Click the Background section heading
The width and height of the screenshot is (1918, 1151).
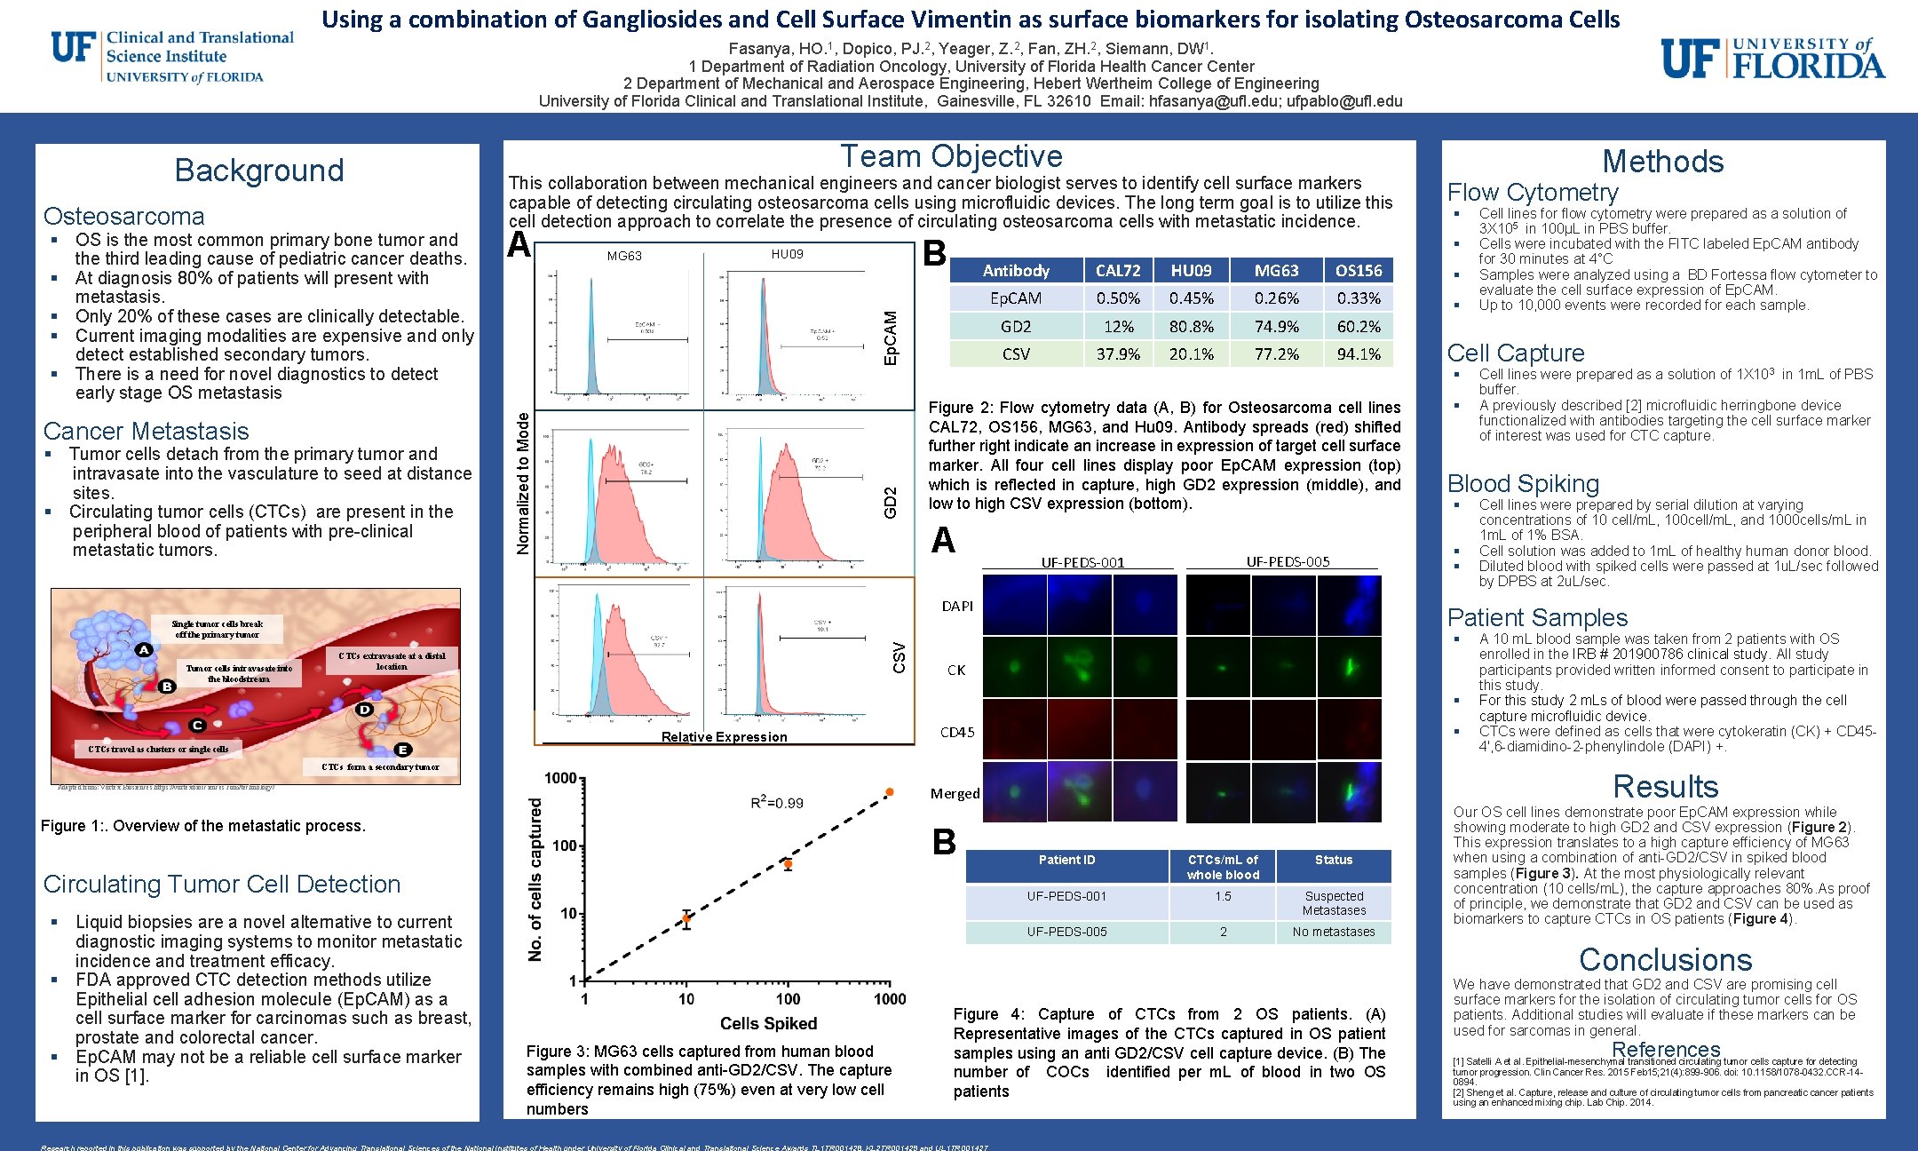point(258,170)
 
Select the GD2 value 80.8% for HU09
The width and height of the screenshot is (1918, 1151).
point(1191,326)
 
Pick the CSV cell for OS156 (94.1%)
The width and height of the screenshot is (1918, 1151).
point(1358,353)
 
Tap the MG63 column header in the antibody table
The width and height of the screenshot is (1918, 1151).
point(1276,270)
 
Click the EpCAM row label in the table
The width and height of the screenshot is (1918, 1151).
point(1015,298)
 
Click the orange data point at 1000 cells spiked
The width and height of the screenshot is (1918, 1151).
point(889,791)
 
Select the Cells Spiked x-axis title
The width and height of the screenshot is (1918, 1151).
point(768,1023)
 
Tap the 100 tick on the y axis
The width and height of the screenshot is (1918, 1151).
point(565,845)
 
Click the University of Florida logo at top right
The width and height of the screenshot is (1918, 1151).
point(1772,59)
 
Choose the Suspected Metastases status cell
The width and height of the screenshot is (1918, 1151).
point(1333,903)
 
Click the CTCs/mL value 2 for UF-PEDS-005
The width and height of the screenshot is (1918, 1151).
point(1223,932)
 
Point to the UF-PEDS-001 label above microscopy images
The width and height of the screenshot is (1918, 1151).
point(1082,562)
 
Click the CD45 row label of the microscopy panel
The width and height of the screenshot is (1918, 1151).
point(957,732)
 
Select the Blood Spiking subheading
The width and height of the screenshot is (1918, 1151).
point(1523,483)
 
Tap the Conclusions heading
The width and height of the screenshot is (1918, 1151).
point(1665,959)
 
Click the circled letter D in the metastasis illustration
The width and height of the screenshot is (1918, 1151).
point(364,709)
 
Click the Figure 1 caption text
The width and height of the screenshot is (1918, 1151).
point(203,825)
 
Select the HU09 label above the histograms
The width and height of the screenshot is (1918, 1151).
point(787,254)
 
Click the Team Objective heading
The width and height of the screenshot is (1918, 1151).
point(951,156)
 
